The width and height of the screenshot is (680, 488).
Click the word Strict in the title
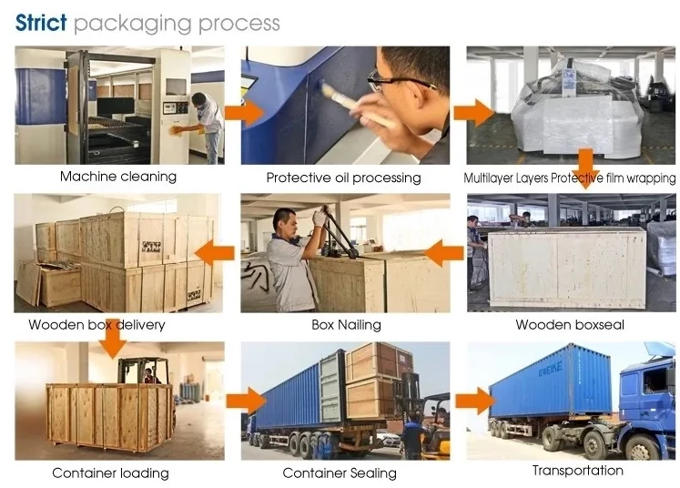point(41,23)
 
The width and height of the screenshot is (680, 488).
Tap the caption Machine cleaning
point(118,177)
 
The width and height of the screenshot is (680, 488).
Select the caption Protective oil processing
point(343,178)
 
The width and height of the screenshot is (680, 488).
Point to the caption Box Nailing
point(346,325)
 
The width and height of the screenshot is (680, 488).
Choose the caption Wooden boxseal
point(570,325)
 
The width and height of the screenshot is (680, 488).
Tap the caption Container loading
point(110,473)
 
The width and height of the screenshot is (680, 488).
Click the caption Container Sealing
point(340,473)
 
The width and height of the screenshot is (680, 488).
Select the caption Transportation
point(578,471)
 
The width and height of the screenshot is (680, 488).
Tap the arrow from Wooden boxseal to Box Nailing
point(445,252)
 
